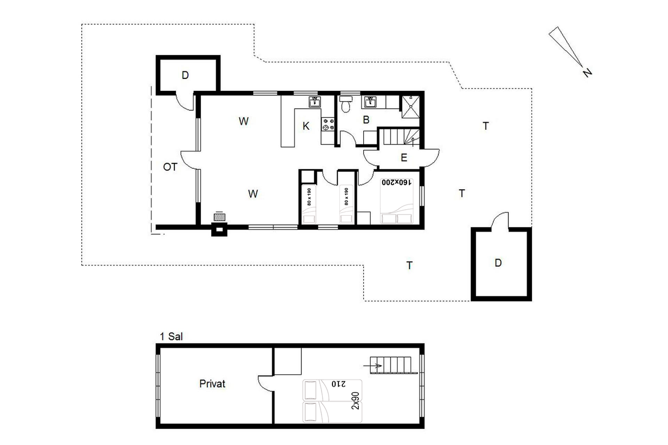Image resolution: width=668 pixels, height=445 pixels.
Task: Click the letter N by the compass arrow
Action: click(587, 72)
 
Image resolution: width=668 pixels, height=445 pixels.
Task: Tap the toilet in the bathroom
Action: click(345, 104)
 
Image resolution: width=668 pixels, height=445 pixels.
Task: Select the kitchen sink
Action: click(315, 102)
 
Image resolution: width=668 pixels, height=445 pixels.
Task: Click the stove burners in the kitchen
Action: click(328, 124)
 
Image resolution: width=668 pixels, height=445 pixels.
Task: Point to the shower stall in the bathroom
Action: click(410, 107)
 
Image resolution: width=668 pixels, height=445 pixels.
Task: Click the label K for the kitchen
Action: click(306, 126)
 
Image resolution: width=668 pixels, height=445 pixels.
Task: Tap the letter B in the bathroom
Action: click(366, 119)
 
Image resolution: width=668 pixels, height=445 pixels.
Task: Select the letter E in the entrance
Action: click(404, 157)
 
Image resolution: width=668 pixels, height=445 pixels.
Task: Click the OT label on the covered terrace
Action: click(171, 167)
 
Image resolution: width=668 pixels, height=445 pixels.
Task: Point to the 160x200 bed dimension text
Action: click(397, 182)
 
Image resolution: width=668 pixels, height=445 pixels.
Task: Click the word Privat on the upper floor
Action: click(212, 384)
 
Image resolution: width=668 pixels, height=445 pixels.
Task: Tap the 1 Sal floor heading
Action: click(171, 336)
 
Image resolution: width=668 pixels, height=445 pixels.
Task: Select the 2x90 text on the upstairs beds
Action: click(356, 401)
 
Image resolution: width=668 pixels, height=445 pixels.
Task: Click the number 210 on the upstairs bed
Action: click(338, 384)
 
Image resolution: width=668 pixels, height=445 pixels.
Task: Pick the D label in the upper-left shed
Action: click(185, 75)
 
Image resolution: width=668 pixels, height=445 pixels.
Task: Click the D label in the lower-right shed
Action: click(498, 263)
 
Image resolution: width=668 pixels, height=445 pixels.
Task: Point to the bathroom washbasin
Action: click(370, 102)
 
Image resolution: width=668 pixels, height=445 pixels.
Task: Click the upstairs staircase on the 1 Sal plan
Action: click(394, 365)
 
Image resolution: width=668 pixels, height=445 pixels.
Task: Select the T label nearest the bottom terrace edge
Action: click(409, 265)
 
